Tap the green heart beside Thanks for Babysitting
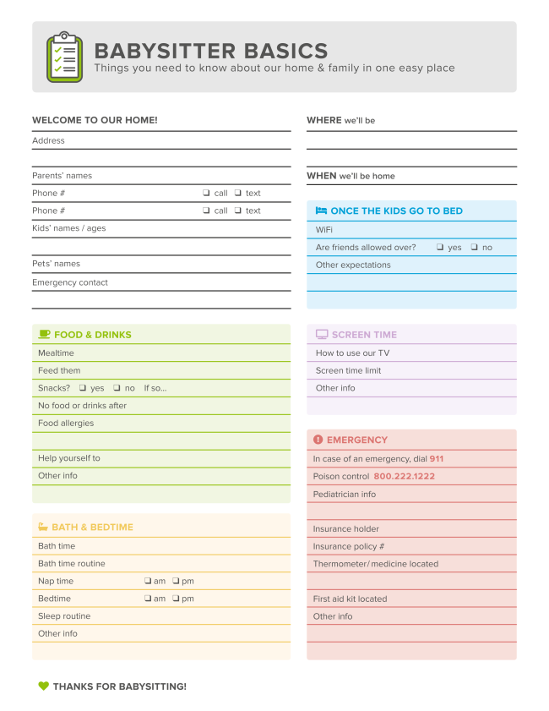(x=43, y=686)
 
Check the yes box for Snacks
(x=83, y=388)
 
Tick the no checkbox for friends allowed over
(x=475, y=248)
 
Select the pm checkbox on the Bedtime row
(x=176, y=599)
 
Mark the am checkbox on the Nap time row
(x=148, y=581)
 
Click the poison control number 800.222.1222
(x=404, y=477)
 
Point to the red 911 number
(x=436, y=459)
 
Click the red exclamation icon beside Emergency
(x=318, y=440)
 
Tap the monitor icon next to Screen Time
(x=322, y=335)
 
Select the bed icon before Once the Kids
(x=321, y=211)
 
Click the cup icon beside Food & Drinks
(x=44, y=335)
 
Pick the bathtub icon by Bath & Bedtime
(x=43, y=528)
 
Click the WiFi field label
(x=324, y=230)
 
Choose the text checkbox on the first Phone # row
(x=238, y=194)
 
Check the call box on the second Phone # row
(x=206, y=211)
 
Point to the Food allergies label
(x=66, y=424)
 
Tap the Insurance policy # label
(x=349, y=547)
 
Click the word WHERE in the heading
(x=324, y=121)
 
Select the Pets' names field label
(x=57, y=264)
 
